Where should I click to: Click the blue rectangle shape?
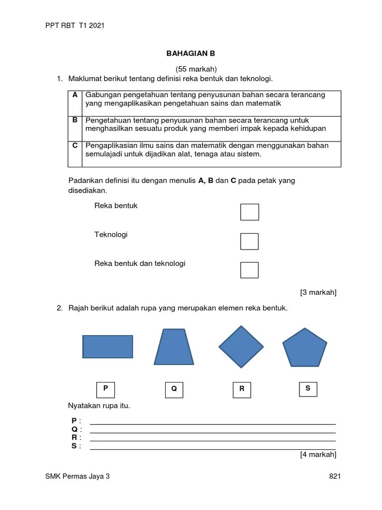pyautogui.click(x=107, y=347)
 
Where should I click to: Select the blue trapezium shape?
pyautogui.click(x=174, y=347)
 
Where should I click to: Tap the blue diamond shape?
pyautogui.click(x=241, y=347)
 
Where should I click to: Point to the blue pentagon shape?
pyautogui.click(x=304, y=348)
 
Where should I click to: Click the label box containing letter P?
pyautogui.click(x=105, y=388)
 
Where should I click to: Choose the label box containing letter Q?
pyautogui.click(x=174, y=389)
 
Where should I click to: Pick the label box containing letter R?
pyautogui.click(x=242, y=389)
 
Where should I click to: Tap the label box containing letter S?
pyautogui.click(x=308, y=388)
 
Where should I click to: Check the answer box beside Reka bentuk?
pyautogui.click(x=249, y=212)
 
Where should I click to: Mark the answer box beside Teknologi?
pyautogui.click(x=249, y=241)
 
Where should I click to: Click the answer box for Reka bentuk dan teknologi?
pyautogui.click(x=249, y=269)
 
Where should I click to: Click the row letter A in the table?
pyautogui.click(x=75, y=95)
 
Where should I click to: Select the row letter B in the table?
pyautogui.click(x=75, y=120)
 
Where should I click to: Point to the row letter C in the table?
pyautogui.click(x=75, y=145)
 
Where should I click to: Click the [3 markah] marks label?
pyautogui.click(x=318, y=292)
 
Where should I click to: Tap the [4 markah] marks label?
pyautogui.click(x=318, y=454)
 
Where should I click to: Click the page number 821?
pyautogui.click(x=335, y=477)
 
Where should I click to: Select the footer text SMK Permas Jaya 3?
pyautogui.click(x=77, y=477)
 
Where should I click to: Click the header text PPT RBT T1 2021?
pyautogui.click(x=75, y=26)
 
